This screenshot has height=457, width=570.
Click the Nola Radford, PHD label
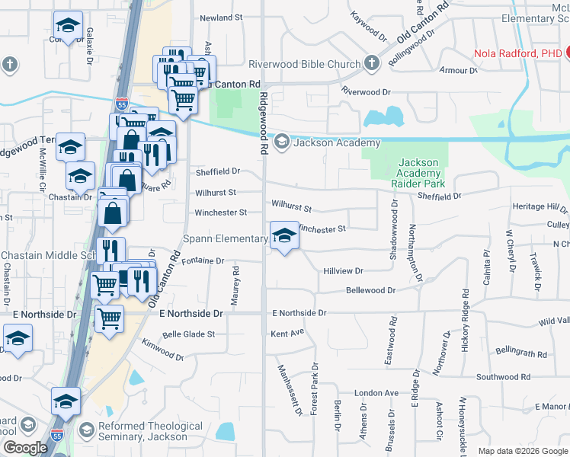(517, 53)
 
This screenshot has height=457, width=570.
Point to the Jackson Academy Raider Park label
(418, 173)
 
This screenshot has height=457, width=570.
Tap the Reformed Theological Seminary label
(142, 431)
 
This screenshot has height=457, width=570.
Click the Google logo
(24, 448)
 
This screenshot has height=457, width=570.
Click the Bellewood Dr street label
(370, 290)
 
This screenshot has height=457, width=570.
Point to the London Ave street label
(376, 393)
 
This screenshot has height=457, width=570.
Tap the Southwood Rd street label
(503, 377)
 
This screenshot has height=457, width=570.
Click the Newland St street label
(220, 17)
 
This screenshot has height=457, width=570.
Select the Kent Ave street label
(287, 333)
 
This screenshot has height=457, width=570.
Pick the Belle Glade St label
(189, 334)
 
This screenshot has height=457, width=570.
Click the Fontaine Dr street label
(203, 260)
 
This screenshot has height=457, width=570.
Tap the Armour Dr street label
(463, 70)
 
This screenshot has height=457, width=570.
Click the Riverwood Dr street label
(366, 91)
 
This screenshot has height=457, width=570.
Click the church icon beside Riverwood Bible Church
(373, 62)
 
